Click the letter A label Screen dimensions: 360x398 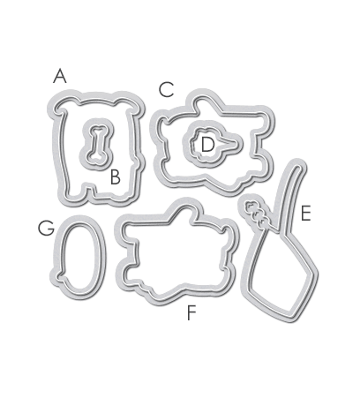point(60,76)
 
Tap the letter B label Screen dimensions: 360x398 point(116,177)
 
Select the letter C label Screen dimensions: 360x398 point(167,89)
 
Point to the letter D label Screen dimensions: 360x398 point(207,145)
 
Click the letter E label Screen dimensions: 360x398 point(305,214)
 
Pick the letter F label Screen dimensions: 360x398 point(191,312)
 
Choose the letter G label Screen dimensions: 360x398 point(46,228)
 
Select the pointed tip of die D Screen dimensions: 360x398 point(240,144)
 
